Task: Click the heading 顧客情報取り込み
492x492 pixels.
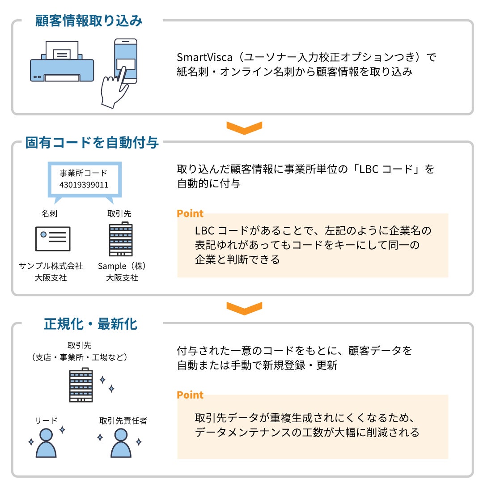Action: [89, 21]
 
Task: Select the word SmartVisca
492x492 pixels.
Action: [204, 57]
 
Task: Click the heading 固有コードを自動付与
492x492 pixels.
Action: [92, 143]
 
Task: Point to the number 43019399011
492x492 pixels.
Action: [84, 185]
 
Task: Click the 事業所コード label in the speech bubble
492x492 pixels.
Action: [84, 173]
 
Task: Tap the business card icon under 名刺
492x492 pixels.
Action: [53, 238]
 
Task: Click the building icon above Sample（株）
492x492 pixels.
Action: [121, 239]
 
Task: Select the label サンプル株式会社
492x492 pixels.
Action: [51, 266]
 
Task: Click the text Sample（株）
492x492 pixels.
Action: [122, 266]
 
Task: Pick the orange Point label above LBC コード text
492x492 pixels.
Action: [190, 213]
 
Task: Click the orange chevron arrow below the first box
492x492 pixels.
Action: [244, 128]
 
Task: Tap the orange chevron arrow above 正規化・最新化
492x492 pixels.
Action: [244, 308]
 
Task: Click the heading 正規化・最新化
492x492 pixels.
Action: [90, 324]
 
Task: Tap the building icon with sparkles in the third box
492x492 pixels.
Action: [81, 385]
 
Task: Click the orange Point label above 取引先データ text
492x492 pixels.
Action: [190, 395]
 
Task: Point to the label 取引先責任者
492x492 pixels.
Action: [123, 421]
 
